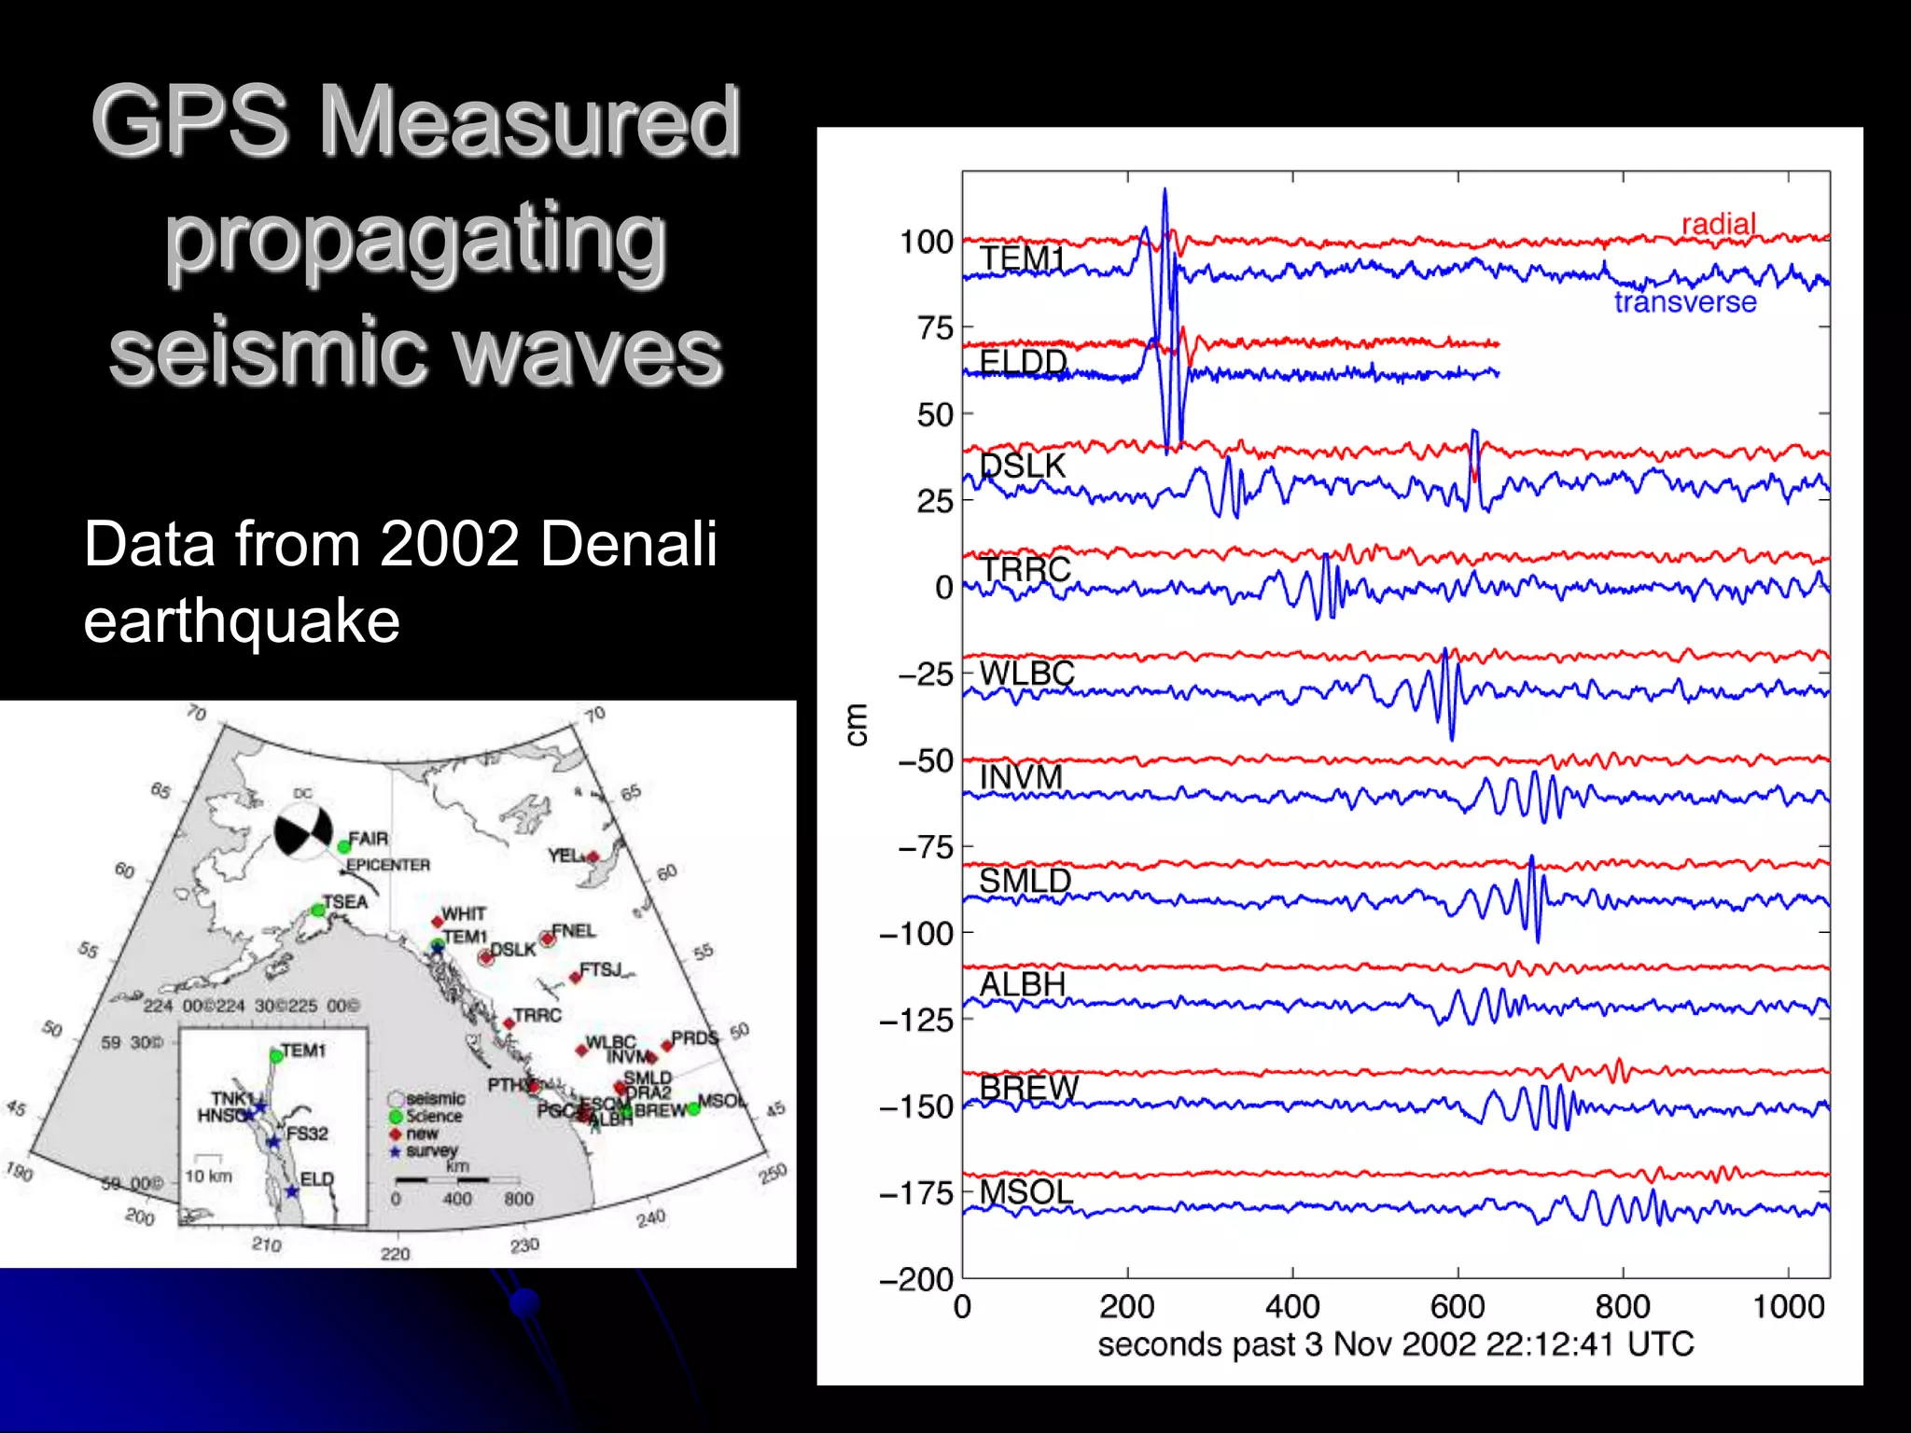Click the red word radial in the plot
pyautogui.click(x=1718, y=224)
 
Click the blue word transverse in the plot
pyautogui.click(x=1685, y=302)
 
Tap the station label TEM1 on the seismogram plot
pyautogui.click(x=1022, y=258)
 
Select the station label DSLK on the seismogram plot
pyautogui.click(x=1023, y=466)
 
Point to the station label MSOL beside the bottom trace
pyautogui.click(x=1025, y=1191)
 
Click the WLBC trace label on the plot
pyautogui.click(x=1026, y=673)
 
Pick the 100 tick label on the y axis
pyautogui.click(x=926, y=242)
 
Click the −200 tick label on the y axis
pyautogui.click(x=916, y=1279)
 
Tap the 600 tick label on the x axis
pyautogui.click(x=1458, y=1306)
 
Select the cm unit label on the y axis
pyautogui.click(x=856, y=725)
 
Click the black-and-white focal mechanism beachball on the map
pyautogui.click(x=303, y=831)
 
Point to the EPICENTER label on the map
pyautogui.click(x=388, y=865)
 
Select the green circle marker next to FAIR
pyautogui.click(x=343, y=847)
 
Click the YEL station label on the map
pyautogui.click(x=564, y=855)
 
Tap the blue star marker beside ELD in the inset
pyautogui.click(x=291, y=1191)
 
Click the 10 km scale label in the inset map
pyautogui.click(x=207, y=1176)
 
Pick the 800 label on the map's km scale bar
pyautogui.click(x=518, y=1199)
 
